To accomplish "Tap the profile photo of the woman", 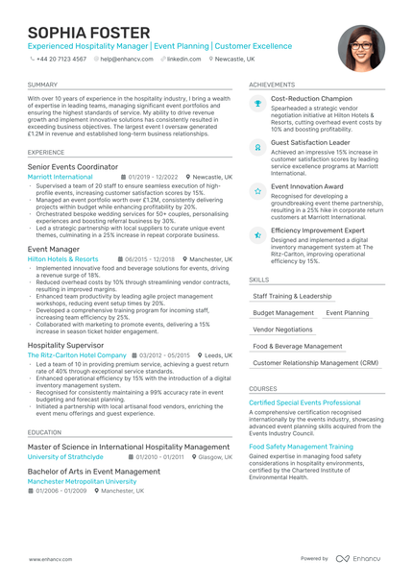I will tap(361, 48).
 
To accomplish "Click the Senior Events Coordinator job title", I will tap(73, 166).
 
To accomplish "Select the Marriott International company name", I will tap(61, 177).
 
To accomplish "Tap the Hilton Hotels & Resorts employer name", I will tap(63, 258).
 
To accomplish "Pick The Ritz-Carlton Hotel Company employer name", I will tap(77, 354).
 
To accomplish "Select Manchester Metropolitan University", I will tap(82, 481).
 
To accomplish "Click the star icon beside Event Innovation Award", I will tap(257, 191).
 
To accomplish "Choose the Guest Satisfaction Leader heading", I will tap(310, 142).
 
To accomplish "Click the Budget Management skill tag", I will tap(283, 313).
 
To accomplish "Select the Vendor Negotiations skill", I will tap(282, 329).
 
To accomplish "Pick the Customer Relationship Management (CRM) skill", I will tap(315, 363).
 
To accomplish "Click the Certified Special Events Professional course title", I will tap(304, 402).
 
